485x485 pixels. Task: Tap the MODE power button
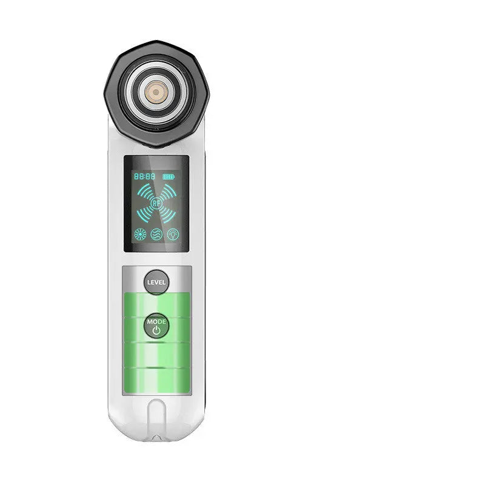[156, 326]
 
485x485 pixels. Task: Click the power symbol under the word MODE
[156, 331]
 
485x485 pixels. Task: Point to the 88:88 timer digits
[144, 176]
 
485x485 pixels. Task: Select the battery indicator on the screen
[168, 176]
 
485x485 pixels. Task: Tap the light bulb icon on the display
[173, 234]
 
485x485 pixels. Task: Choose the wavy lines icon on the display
[156, 234]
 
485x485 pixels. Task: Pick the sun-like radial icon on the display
[140, 234]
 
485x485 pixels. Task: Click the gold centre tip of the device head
[156, 92]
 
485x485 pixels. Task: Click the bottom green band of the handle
[156, 379]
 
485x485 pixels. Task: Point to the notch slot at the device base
[156, 418]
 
